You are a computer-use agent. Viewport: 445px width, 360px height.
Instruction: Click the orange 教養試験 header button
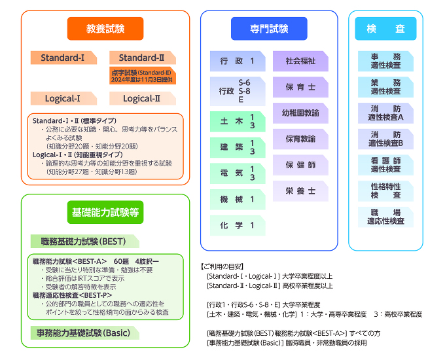click(x=105, y=29)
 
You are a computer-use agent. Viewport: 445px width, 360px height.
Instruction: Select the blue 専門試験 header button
click(x=269, y=29)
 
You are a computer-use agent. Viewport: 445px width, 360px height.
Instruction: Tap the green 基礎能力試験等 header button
click(x=105, y=212)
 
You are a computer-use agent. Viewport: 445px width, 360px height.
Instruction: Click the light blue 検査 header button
click(x=385, y=29)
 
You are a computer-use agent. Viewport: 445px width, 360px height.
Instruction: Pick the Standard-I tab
click(x=64, y=58)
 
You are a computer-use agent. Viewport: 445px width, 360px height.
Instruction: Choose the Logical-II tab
click(x=143, y=99)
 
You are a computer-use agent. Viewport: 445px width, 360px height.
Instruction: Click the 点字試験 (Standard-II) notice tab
click(x=143, y=76)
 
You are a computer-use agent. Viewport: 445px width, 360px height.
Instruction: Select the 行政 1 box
click(x=238, y=61)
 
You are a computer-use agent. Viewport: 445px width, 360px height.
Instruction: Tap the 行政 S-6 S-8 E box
click(x=238, y=91)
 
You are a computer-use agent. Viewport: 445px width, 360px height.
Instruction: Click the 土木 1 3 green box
click(x=238, y=122)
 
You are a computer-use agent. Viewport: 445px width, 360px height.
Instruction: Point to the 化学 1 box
click(x=238, y=225)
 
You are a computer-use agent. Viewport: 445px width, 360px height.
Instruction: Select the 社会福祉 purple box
click(x=300, y=61)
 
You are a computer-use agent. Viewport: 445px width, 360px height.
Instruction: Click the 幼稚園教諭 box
click(x=300, y=113)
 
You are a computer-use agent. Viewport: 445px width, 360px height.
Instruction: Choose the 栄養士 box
click(x=300, y=191)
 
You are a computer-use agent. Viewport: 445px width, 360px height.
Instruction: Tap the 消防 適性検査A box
click(x=385, y=113)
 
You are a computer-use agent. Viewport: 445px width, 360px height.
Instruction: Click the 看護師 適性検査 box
click(x=385, y=165)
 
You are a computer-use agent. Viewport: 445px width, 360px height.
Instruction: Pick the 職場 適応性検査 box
click(x=385, y=217)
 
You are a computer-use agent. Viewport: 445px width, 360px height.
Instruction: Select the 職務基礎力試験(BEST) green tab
click(x=85, y=242)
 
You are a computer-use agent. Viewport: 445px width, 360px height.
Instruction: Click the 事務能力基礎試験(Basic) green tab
click(x=85, y=333)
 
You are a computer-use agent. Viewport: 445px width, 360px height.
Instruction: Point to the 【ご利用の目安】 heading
click(x=222, y=266)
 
